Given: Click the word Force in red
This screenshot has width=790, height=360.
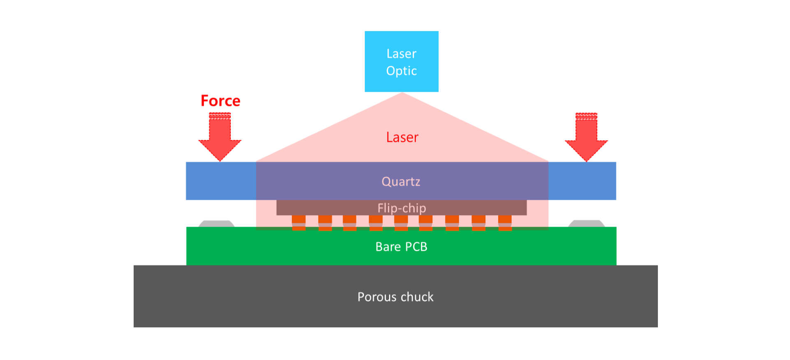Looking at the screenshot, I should pos(220,101).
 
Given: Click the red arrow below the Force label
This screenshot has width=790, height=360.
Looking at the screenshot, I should pos(220,138).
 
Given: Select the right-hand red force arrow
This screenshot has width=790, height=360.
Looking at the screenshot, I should pos(586,138).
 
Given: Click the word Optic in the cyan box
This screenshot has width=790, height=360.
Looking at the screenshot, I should pos(401,71).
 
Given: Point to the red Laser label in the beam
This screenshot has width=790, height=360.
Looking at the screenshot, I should pos(402,137).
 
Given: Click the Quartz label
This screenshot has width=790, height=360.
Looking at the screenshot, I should pos(401,181).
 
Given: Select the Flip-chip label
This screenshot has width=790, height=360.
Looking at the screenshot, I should pos(402,208).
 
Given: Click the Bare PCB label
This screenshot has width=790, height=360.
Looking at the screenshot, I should pos(401,247).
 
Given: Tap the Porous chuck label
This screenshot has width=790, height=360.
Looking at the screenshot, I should pos(395,297).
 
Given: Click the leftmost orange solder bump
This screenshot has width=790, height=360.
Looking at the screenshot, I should pos(299,223).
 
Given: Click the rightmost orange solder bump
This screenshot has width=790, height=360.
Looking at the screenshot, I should pos(505,223).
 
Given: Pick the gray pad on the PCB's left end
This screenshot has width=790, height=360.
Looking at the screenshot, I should pos(216,224).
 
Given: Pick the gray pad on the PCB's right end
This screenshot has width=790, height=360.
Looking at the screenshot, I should pos(586,224).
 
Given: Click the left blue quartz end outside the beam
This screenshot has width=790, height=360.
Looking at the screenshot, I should pos(221,181).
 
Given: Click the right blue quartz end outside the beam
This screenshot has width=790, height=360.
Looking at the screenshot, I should pos(582,181).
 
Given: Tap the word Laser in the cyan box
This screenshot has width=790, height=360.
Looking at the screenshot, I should pos(401,54).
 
